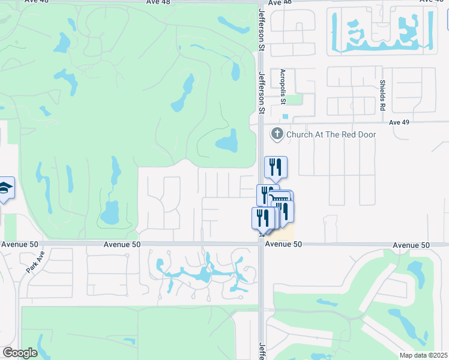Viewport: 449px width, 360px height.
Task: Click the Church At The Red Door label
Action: [331, 134]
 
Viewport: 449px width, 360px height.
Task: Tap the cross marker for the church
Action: [277, 134]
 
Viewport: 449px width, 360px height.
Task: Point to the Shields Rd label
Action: [382, 95]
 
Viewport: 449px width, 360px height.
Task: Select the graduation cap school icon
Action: [5, 189]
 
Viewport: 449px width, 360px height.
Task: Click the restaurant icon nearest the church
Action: [276, 167]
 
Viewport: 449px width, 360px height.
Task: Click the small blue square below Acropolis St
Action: [285, 116]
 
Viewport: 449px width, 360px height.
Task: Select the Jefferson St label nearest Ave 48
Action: [262, 24]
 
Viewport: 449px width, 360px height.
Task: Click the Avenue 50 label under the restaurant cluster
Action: [283, 244]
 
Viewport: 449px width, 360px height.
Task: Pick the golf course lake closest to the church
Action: [227, 142]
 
